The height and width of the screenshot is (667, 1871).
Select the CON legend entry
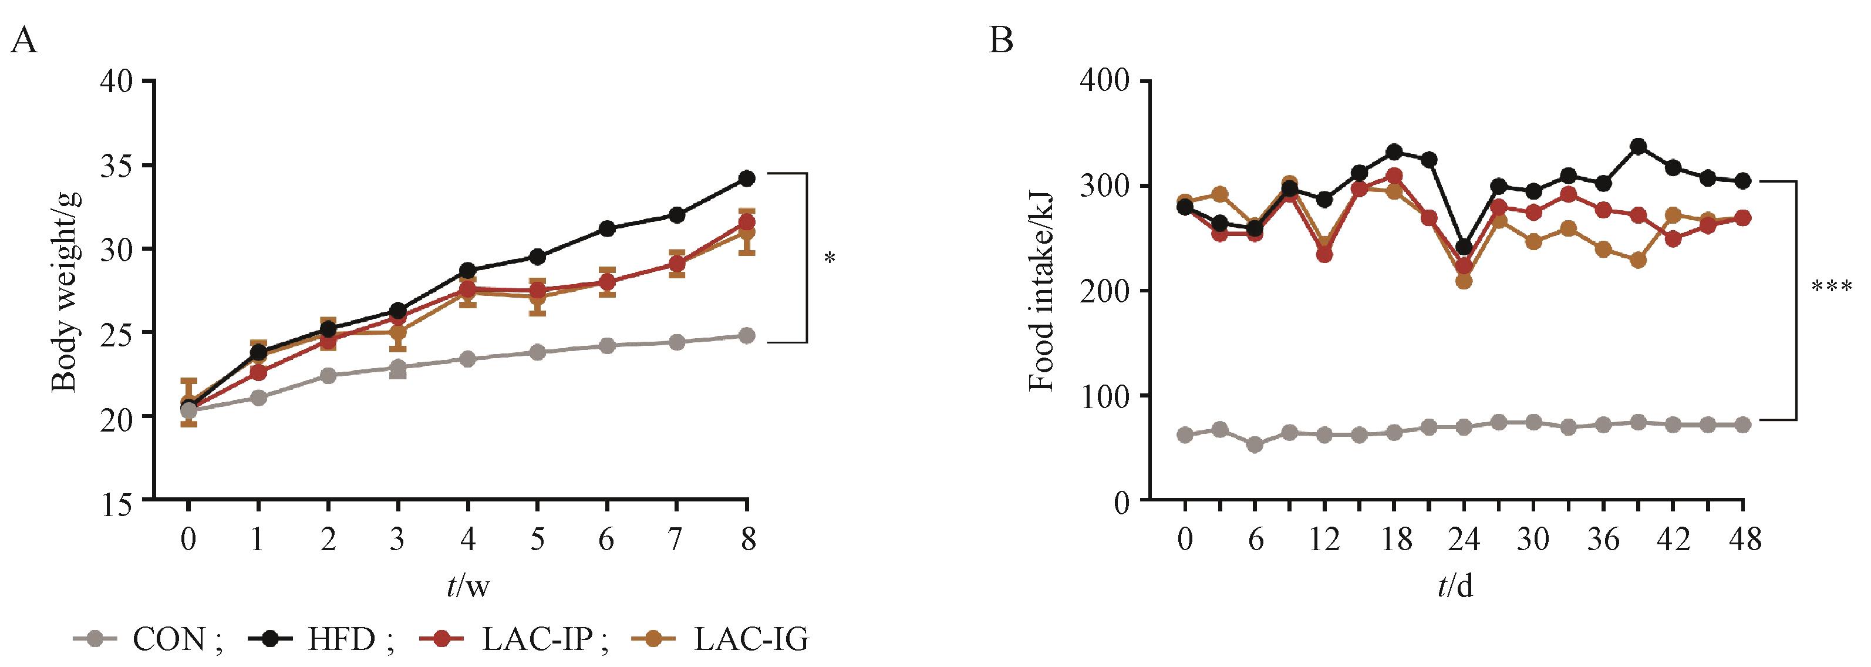click(149, 639)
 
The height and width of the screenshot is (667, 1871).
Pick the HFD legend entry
click(322, 639)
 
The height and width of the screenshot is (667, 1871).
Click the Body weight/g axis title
click(65, 290)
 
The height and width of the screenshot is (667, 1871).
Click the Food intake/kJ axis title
click(1042, 290)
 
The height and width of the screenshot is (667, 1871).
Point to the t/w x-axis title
click(468, 585)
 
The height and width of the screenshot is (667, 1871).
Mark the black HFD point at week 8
click(747, 178)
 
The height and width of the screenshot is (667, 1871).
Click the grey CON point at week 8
click(747, 336)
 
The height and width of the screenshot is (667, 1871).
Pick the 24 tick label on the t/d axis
click(1464, 540)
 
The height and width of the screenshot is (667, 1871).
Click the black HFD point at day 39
click(1638, 147)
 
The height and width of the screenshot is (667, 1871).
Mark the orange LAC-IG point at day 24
click(1464, 281)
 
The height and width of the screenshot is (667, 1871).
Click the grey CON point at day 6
click(1255, 444)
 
